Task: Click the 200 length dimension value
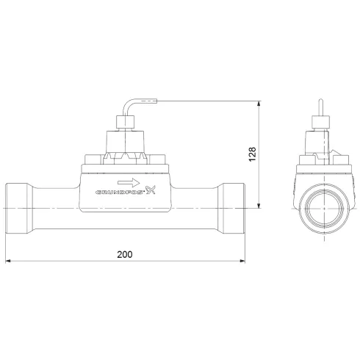125,253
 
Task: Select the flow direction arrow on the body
126,181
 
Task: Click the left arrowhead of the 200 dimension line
9,261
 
